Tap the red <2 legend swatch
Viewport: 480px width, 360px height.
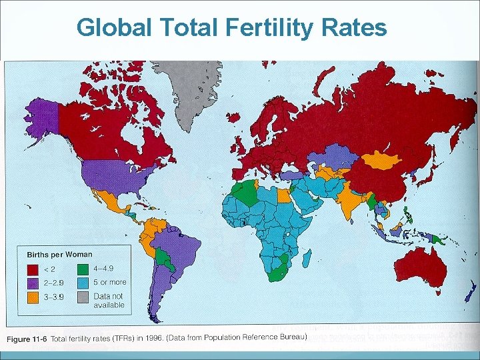[33, 269]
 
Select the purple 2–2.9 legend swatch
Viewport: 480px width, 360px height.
[33, 283]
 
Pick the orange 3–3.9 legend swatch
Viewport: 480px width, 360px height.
[33, 297]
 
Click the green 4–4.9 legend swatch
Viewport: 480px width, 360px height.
[83, 269]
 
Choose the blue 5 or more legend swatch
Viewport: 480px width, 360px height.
[83, 283]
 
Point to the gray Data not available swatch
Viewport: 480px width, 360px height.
[83, 297]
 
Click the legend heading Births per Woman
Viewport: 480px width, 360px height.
[59, 255]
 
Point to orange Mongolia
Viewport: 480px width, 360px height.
[380, 159]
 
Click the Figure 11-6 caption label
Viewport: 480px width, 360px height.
[27, 339]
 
